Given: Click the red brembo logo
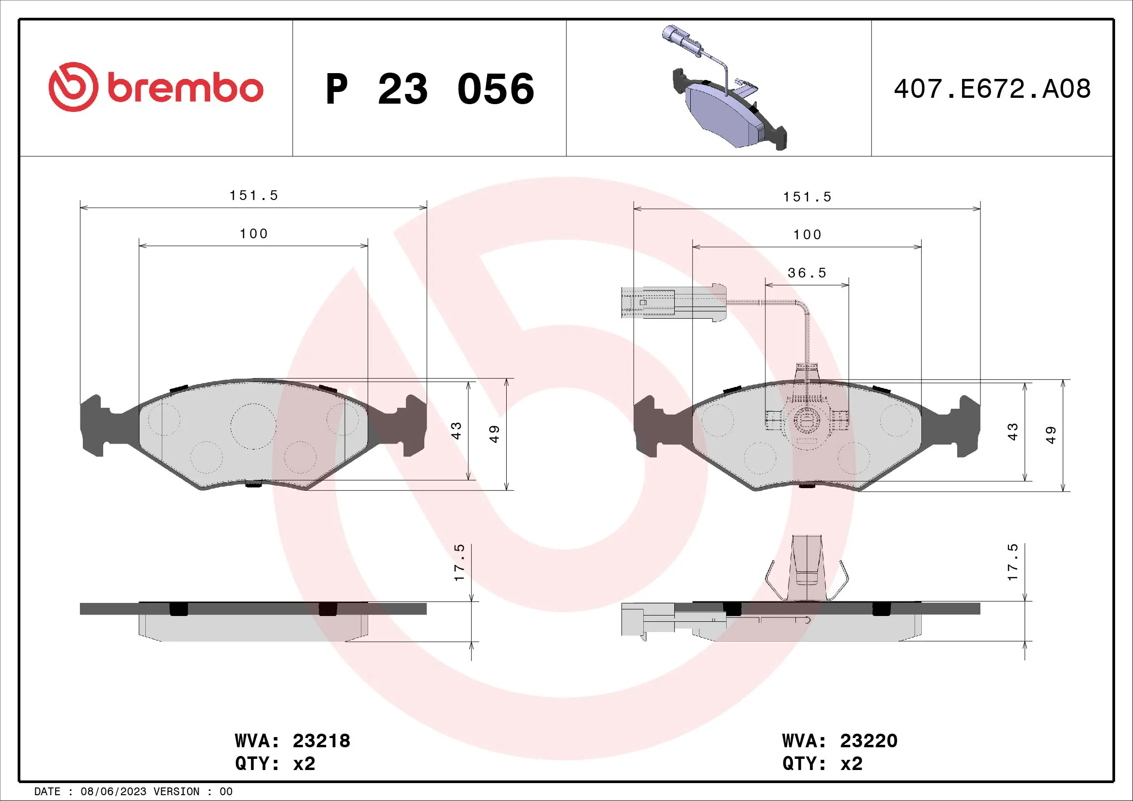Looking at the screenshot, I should coord(156,87).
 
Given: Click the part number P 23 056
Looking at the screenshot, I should coord(430,89).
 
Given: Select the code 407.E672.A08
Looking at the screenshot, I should coord(992,89).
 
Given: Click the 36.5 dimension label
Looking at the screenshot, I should coord(807,273).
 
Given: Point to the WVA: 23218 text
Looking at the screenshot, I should coord(292,740).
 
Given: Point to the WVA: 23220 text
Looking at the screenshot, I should coord(839,740).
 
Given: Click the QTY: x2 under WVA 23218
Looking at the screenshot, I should coord(275,764).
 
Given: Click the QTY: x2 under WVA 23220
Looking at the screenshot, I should coord(822,764).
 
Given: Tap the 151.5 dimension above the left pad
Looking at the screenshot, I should coord(254,196).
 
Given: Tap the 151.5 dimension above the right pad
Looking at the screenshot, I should coord(807,197).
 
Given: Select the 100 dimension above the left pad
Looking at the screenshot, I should coord(254,234).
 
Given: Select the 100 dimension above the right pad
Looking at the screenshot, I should coord(807,235).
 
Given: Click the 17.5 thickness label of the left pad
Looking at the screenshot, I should coord(459,562).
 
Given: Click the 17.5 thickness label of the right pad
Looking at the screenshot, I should coord(1012,562).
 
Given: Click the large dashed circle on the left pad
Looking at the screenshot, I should coord(253,426).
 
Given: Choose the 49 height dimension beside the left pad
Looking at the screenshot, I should coord(495,433).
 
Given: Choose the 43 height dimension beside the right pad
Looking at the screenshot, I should coord(1012,431).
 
